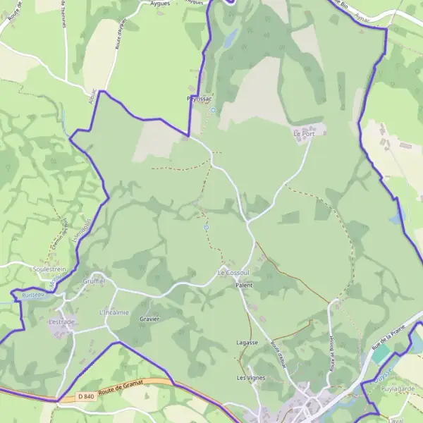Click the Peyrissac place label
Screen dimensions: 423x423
point(200,99)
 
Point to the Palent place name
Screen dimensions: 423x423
point(244,286)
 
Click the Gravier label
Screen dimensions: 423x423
point(150,319)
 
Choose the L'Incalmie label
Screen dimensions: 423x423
point(114,312)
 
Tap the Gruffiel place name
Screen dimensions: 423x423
point(94,281)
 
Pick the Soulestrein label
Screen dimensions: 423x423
point(49,269)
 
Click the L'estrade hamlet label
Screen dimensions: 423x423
point(61,322)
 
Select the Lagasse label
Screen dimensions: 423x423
point(247,343)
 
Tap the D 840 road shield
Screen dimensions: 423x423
point(86,397)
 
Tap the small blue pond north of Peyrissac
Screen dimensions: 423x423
point(229,39)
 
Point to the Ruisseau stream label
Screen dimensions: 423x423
point(33,295)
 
